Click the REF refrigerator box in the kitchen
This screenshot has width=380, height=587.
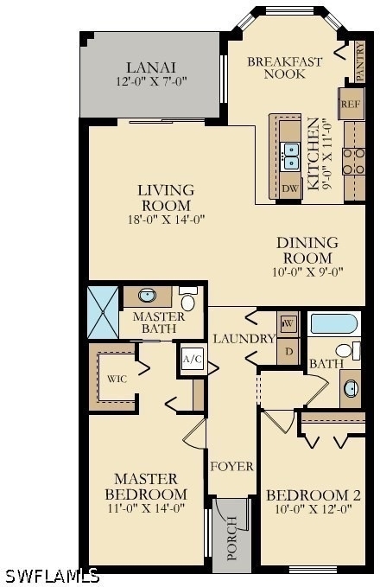351,104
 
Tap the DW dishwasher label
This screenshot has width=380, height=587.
290,188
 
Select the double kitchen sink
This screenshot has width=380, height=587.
291,156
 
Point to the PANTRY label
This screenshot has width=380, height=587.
359,61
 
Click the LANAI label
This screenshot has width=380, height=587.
151,67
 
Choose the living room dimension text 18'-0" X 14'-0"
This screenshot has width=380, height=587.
167,220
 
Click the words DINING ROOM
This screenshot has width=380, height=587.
307,251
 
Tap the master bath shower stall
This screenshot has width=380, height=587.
103,313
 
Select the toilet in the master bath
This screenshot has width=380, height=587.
187,298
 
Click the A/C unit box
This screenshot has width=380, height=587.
193,360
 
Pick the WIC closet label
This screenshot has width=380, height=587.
117,379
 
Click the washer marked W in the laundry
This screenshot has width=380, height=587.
288,323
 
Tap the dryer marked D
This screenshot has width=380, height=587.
288,351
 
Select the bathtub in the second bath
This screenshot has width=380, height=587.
333,324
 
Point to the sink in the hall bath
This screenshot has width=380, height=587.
351,388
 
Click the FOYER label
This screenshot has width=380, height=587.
232,467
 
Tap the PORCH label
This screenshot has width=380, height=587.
232,539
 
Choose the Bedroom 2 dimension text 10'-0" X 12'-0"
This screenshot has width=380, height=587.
313,509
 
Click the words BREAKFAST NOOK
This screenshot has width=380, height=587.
285,67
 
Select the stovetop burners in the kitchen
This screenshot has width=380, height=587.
353,161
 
